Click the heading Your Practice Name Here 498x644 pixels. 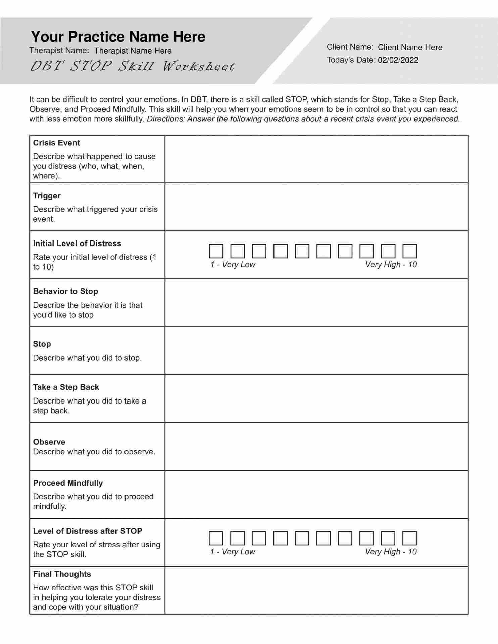[118, 37]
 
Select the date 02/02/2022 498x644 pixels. [398, 60]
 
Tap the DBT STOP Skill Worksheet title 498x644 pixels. [133, 66]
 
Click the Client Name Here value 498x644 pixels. [410, 47]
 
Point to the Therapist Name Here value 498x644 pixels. [133, 51]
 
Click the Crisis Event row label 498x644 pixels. [56, 143]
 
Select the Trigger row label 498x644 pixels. [47, 196]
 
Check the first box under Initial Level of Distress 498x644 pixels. [216, 251]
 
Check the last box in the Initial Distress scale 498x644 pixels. [409, 251]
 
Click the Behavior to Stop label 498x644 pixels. [65, 291]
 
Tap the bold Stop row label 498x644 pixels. [42, 344]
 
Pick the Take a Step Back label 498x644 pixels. [66, 387]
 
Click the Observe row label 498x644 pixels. [49, 442]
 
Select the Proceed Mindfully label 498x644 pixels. [68, 483]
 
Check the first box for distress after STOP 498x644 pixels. [216, 538]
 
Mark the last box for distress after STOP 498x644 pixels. [409, 538]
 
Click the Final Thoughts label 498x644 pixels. [62, 574]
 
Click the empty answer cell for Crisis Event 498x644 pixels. [316, 159]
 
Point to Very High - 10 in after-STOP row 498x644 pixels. [391, 552]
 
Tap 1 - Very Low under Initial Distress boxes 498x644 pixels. [233, 265]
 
